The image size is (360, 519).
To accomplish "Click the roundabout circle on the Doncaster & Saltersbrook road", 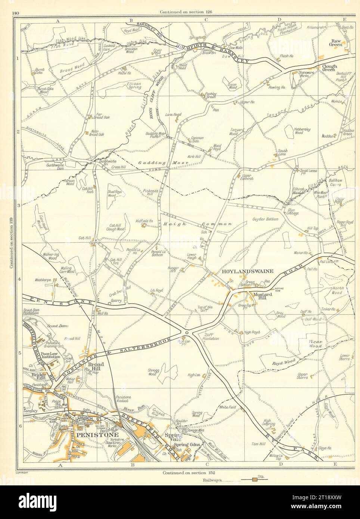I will pyautogui.click(x=186, y=332).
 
